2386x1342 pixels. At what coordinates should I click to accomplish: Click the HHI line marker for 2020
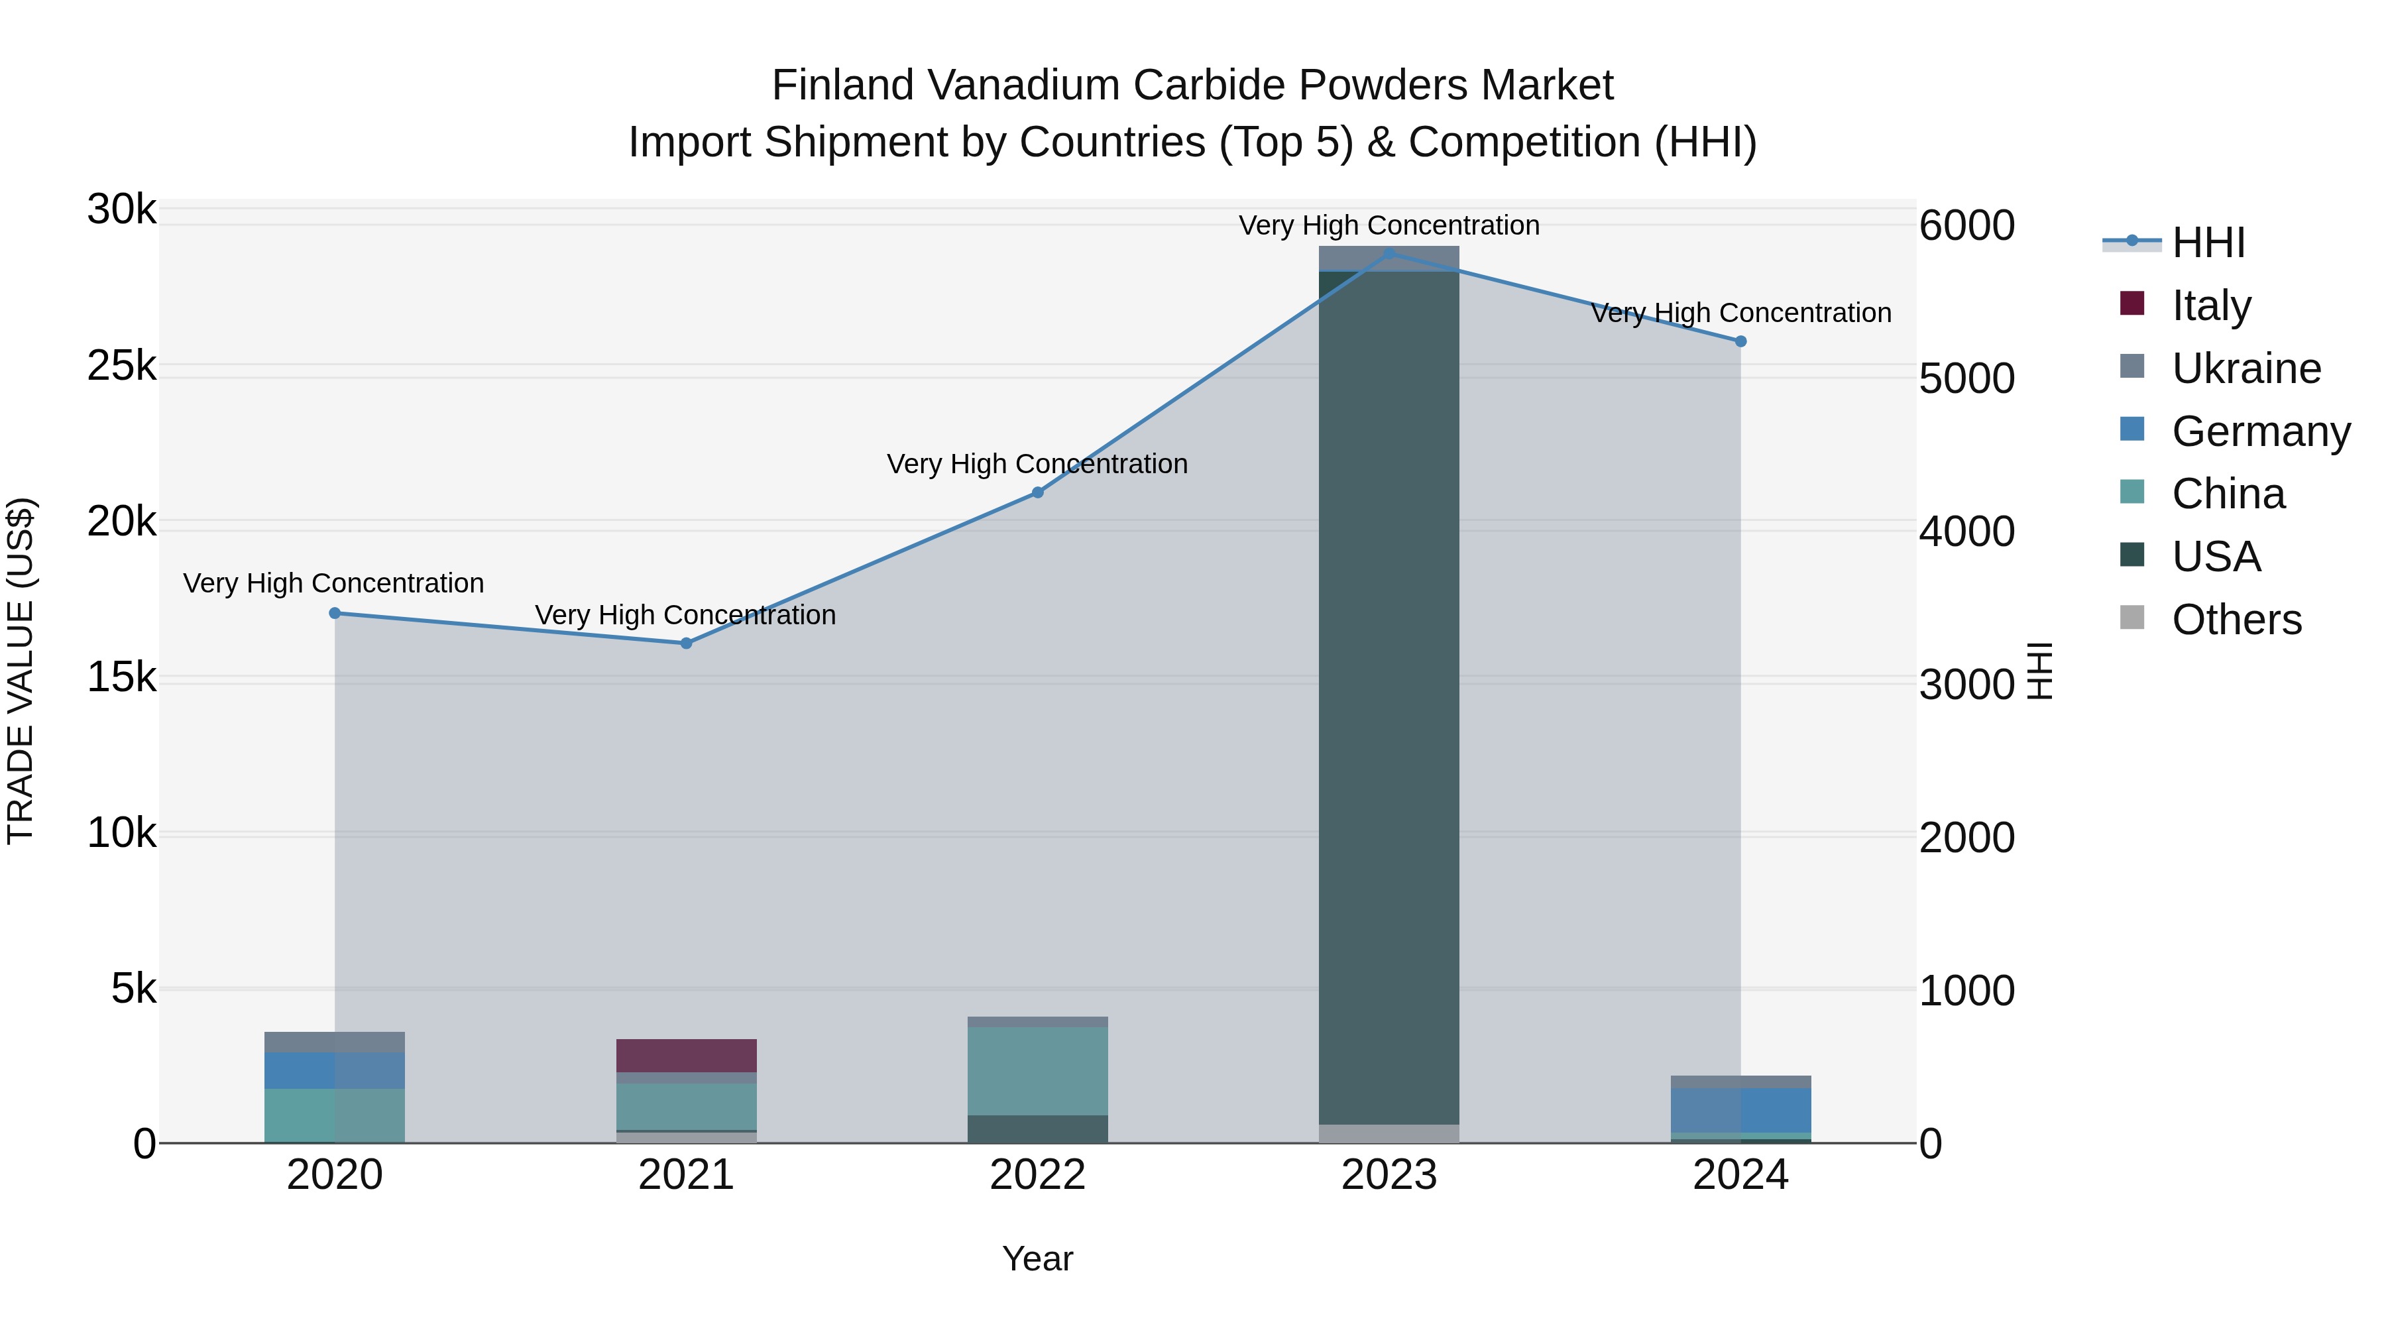pos(335,613)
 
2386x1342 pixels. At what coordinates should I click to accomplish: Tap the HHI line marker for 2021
pos(687,643)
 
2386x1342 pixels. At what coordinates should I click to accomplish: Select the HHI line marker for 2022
pos(1037,492)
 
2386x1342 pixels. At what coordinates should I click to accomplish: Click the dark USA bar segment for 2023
pos(1389,695)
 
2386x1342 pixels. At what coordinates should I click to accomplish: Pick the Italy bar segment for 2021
pos(687,1055)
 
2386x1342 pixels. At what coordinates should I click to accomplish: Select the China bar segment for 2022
pos(1037,1071)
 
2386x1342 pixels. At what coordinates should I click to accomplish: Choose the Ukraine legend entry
pos(2245,368)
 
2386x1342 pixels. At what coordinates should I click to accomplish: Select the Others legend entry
pos(2236,620)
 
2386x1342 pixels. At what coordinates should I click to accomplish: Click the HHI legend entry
pos(2208,243)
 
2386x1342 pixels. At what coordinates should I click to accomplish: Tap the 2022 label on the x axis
pos(1037,1175)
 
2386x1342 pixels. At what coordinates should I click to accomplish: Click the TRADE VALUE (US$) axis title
pos(21,671)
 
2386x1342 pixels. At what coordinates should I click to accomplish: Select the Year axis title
pos(1037,1258)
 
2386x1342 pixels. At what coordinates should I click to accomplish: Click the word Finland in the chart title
pos(843,85)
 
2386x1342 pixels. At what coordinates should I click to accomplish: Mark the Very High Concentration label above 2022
pos(1037,464)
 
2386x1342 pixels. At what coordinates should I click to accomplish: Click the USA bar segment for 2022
pos(1037,1129)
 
